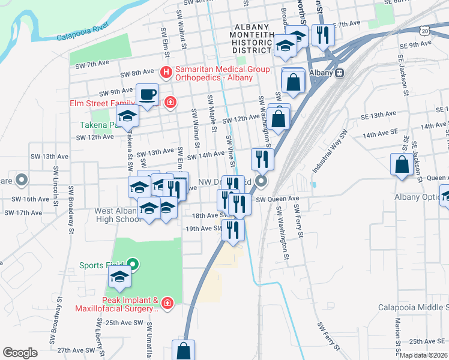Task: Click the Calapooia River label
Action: tap(82, 32)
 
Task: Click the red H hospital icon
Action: tap(167, 73)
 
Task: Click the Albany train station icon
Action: tap(340, 73)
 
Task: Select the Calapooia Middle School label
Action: tap(414, 307)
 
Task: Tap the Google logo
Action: tap(20, 353)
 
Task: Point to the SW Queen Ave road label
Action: tap(277, 199)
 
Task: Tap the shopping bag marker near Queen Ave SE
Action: tap(401, 165)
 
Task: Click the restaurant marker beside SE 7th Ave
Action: tap(323, 35)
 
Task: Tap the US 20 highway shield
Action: tap(424, 29)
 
